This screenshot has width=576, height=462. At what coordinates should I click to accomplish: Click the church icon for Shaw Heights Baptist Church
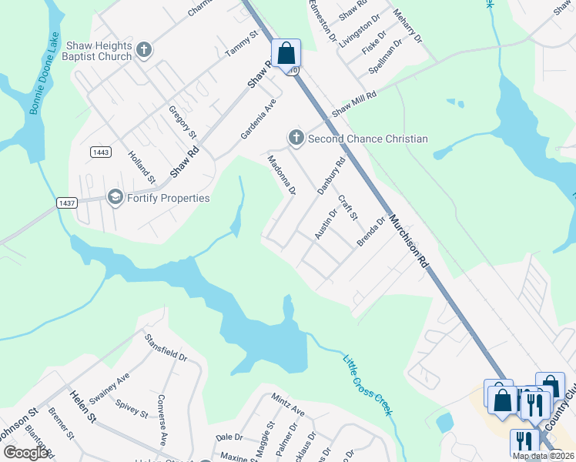[x=143, y=51]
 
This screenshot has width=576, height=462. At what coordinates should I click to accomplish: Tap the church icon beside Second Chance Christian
[x=296, y=139]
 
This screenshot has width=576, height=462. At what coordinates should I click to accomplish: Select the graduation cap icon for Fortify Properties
[x=116, y=198]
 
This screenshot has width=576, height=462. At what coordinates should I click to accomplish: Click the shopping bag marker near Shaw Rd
[x=286, y=54]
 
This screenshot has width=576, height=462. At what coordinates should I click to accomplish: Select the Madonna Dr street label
[x=281, y=176]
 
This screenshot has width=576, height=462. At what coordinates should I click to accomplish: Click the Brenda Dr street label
[x=370, y=233]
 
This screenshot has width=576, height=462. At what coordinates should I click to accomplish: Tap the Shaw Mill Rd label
[x=354, y=104]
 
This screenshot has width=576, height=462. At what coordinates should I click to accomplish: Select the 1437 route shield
[x=66, y=203]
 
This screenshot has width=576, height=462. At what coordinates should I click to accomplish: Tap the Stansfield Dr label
[x=166, y=346]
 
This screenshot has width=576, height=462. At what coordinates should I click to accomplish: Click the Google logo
[x=25, y=453]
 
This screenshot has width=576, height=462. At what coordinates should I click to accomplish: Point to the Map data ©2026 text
[x=543, y=456]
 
